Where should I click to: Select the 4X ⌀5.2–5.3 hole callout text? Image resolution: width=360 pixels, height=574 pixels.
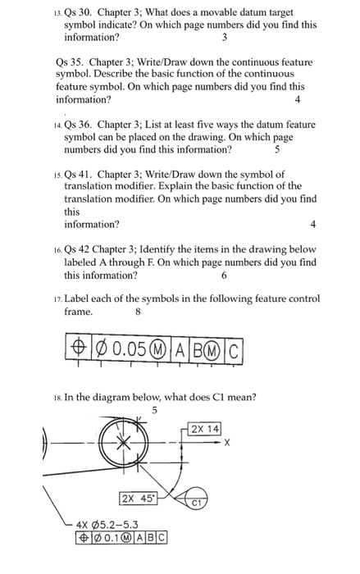[x=109, y=525]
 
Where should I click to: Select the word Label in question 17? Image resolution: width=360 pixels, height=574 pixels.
[x=79, y=299]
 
